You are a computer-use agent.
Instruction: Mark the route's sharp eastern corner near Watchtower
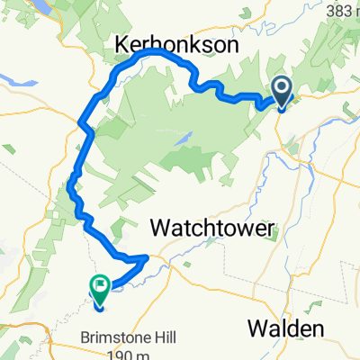click(x=148, y=257)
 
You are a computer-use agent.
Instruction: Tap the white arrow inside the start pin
click(x=281, y=88)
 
